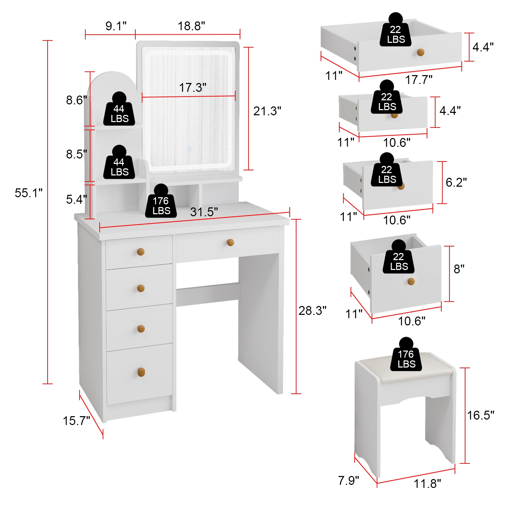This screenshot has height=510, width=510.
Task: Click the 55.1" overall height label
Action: click(x=29, y=193)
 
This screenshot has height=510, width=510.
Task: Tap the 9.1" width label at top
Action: click(x=116, y=26)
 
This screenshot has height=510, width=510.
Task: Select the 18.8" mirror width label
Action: click(x=191, y=26)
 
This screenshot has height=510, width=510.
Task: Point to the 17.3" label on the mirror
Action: click(x=192, y=88)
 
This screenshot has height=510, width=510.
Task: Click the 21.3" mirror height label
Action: click(x=267, y=111)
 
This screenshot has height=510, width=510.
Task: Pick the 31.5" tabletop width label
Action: click(x=204, y=212)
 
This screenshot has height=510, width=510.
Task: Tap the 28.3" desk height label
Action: click(x=312, y=310)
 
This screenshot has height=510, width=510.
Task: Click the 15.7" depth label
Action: click(x=76, y=421)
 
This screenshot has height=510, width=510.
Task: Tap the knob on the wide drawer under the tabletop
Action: click(x=230, y=242)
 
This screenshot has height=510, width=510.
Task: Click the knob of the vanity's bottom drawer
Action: click(x=141, y=372)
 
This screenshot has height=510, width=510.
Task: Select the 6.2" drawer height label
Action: click(x=456, y=183)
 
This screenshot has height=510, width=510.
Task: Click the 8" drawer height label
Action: click(x=459, y=269)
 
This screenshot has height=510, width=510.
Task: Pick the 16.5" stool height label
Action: click(x=480, y=415)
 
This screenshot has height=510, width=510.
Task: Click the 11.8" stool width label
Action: click(x=427, y=483)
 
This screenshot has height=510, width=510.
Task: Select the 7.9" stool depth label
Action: click(x=348, y=481)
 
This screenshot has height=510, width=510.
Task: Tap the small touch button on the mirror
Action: click(x=190, y=149)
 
